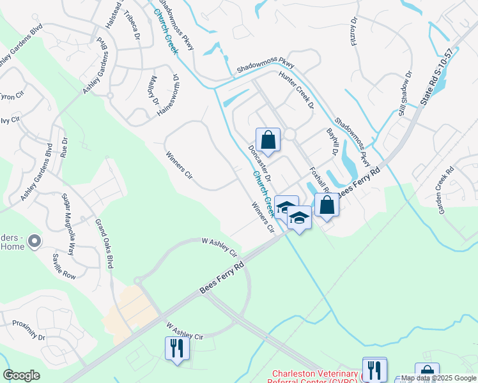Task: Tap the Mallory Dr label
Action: tap(153, 91)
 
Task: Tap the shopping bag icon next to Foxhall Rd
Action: tap(327, 206)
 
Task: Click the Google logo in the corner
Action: tap(21, 375)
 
